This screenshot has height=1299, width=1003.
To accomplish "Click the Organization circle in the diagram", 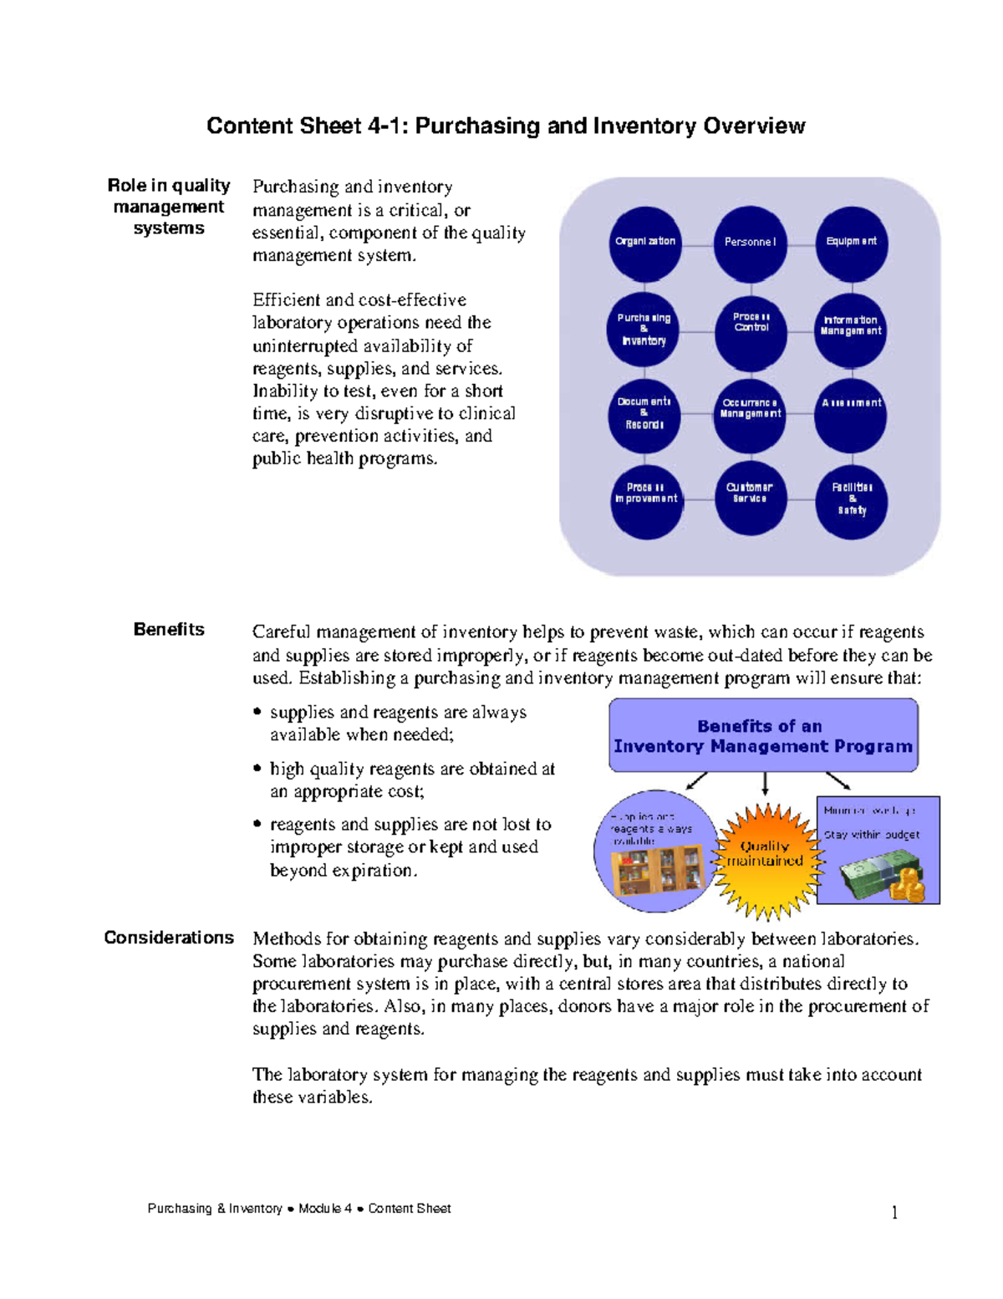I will (x=644, y=243).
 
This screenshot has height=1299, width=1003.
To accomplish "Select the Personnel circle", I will (x=750, y=243).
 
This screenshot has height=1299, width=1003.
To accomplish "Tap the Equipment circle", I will (x=851, y=243).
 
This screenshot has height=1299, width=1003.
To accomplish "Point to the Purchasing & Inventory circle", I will (x=643, y=330).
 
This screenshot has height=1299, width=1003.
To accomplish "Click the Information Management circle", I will (x=850, y=329).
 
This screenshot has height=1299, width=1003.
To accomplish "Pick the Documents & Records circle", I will (x=644, y=414).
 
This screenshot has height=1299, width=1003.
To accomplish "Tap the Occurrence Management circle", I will (x=750, y=414).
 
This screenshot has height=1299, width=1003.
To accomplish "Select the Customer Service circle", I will (x=750, y=499).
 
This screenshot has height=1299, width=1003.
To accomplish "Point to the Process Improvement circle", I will (x=645, y=499).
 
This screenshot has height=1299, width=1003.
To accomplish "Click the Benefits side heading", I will (x=169, y=630).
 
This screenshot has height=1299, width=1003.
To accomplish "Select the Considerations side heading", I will (x=169, y=938).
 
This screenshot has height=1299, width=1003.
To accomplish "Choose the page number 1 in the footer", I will (x=894, y=1212).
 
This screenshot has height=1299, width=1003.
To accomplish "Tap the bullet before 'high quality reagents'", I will (x=257, y=768).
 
